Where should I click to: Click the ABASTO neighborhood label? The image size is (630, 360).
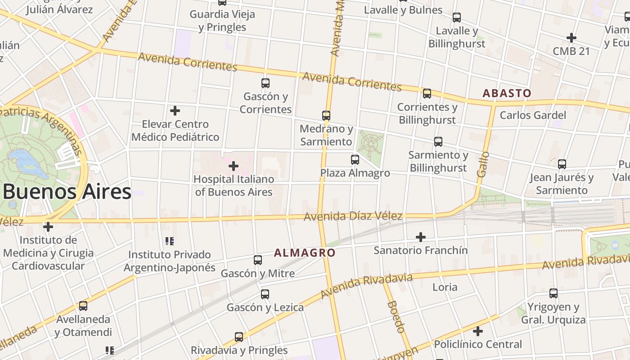[x=507, y=93]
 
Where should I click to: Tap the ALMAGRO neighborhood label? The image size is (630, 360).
[x=305, y=252]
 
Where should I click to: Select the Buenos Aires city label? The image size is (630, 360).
[x=67, y=192]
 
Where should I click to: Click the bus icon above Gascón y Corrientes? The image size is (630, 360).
[x=265, y=83]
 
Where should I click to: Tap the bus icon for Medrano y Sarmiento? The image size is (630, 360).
[x=326, y=116]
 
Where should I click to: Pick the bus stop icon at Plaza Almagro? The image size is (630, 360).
[x=355, y=159]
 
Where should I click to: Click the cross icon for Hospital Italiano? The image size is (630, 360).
[x=233, y=166]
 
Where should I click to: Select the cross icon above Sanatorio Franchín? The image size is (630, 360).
[x=421, y=237]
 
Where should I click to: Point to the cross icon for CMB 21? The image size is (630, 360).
[x=571, y=38]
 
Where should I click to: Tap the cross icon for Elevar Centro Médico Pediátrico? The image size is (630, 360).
[x=175, y=111]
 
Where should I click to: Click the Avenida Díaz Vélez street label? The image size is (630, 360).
[x=353, y=216]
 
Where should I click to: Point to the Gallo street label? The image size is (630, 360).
[x=482, y=164]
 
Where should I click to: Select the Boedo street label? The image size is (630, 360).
[x=396, y=317]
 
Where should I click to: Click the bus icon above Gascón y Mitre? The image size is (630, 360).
[x=258, y=260]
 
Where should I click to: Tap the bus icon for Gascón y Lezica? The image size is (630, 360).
[x=265, y=294]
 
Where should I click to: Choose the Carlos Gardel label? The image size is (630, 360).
[x=533, y=115]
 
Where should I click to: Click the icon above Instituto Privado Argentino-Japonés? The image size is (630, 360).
[x=170, y=242]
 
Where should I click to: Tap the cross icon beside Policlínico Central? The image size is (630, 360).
[x=478, y=332]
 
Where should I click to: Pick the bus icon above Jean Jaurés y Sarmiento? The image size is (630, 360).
[x=562, y=164]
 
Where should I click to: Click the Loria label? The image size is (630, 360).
[x=445, y=287]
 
